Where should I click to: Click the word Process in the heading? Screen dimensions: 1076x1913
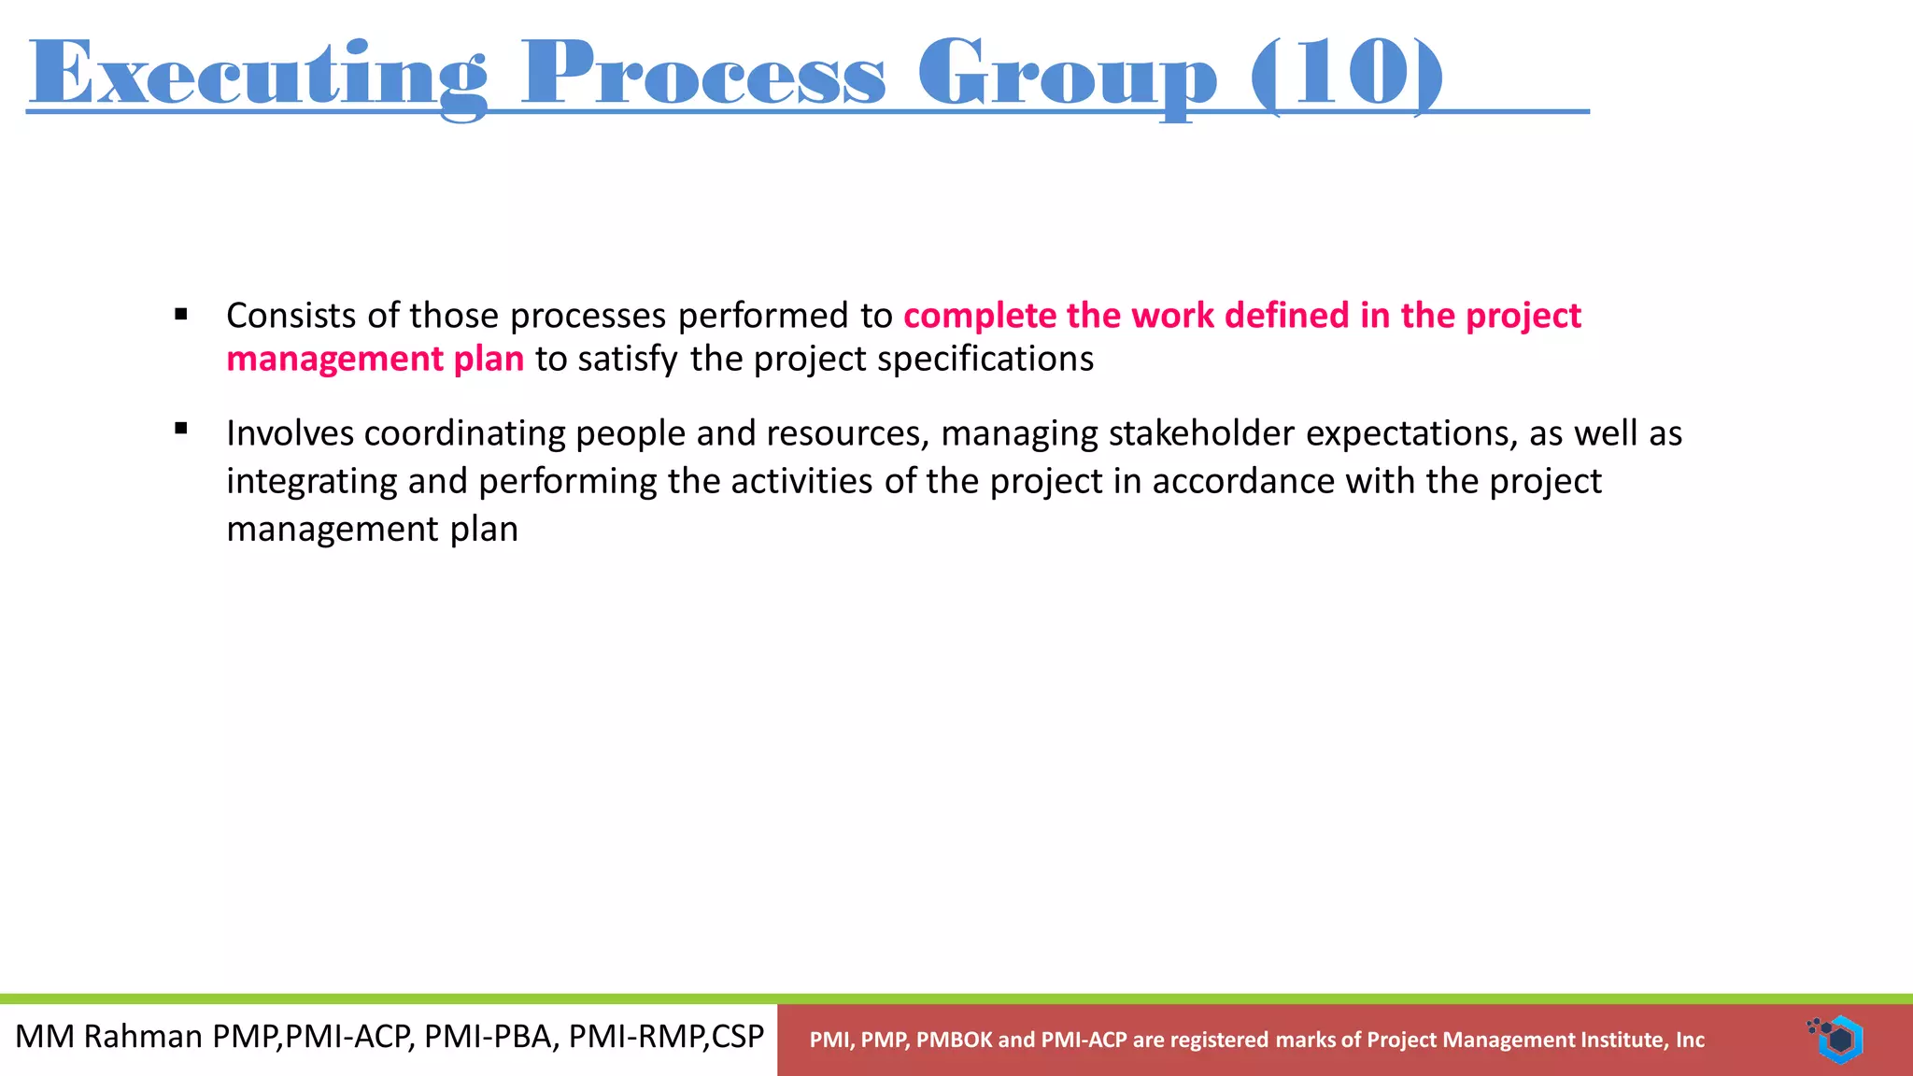pyautogui.click(x=702, y=75)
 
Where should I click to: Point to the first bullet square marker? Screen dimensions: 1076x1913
pyautogui.click(x=181, y=315)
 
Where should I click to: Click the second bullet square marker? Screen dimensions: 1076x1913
pyautogui.click(x=181, y=429)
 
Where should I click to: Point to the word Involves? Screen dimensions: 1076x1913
pyautogui.click(x=290, y=433)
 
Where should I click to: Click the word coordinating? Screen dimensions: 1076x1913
pyautogui.click(x=463, y=433)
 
